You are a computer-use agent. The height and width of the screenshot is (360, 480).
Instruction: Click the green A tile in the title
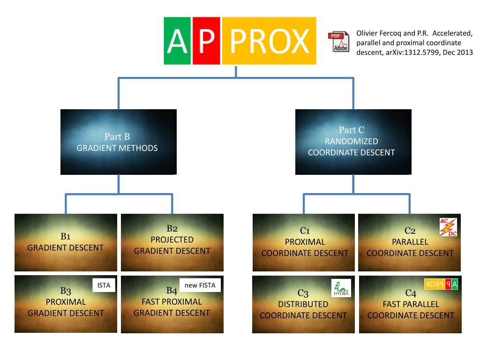point(177,41)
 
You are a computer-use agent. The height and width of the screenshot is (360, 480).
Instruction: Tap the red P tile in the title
point(206,41)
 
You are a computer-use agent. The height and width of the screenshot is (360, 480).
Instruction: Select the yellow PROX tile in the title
point(269,41)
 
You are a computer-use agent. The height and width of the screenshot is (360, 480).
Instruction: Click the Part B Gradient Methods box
point(118,142)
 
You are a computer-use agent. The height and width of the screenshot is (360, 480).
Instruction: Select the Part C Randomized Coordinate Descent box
point(352,142)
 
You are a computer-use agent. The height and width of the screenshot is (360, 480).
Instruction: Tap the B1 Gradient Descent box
point(66,242)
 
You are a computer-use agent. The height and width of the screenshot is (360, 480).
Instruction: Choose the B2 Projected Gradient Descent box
point(172,242)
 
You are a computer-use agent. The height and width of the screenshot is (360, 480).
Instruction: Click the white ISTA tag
point(103,285)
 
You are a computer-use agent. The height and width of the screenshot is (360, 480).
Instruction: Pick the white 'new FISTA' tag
point(200,285)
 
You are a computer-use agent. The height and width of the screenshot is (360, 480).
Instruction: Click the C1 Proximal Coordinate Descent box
point(305,242)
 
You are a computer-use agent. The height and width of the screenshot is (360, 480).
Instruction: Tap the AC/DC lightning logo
point(448,227)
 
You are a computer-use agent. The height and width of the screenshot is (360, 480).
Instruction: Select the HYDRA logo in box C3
point(341,288)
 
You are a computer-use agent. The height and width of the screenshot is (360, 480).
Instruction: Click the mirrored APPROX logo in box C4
point(441,284)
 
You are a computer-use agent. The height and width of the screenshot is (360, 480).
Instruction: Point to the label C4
point(411,293)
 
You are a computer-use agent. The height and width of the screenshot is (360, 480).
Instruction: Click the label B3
point(66,291)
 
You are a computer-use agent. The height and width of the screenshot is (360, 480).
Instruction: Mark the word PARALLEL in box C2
point(410,242)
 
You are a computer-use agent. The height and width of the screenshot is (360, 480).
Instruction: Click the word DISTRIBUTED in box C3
point(303,304)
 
